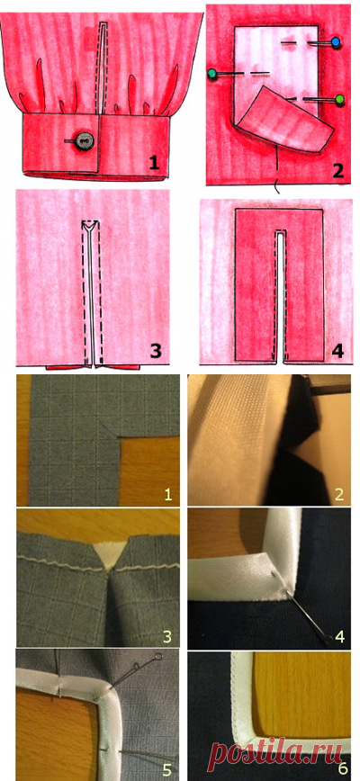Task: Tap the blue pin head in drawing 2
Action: (335, 41)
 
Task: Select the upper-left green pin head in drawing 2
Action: (213, 74)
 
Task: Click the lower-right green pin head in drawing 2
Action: (340, 99)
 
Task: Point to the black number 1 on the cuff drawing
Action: (154, 163)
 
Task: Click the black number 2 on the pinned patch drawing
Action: (338, 171)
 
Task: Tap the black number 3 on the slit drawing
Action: (156, 352)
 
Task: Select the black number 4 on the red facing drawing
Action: (337, 352)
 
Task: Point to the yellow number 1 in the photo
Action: (167, 494)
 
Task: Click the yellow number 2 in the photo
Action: (339, 494)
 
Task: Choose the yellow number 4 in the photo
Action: (340, 635)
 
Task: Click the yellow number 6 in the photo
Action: (342, 769)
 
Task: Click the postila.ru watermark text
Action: (282, 757)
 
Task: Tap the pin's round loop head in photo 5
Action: (158, 657)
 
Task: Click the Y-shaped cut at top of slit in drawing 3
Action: (90, 226)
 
